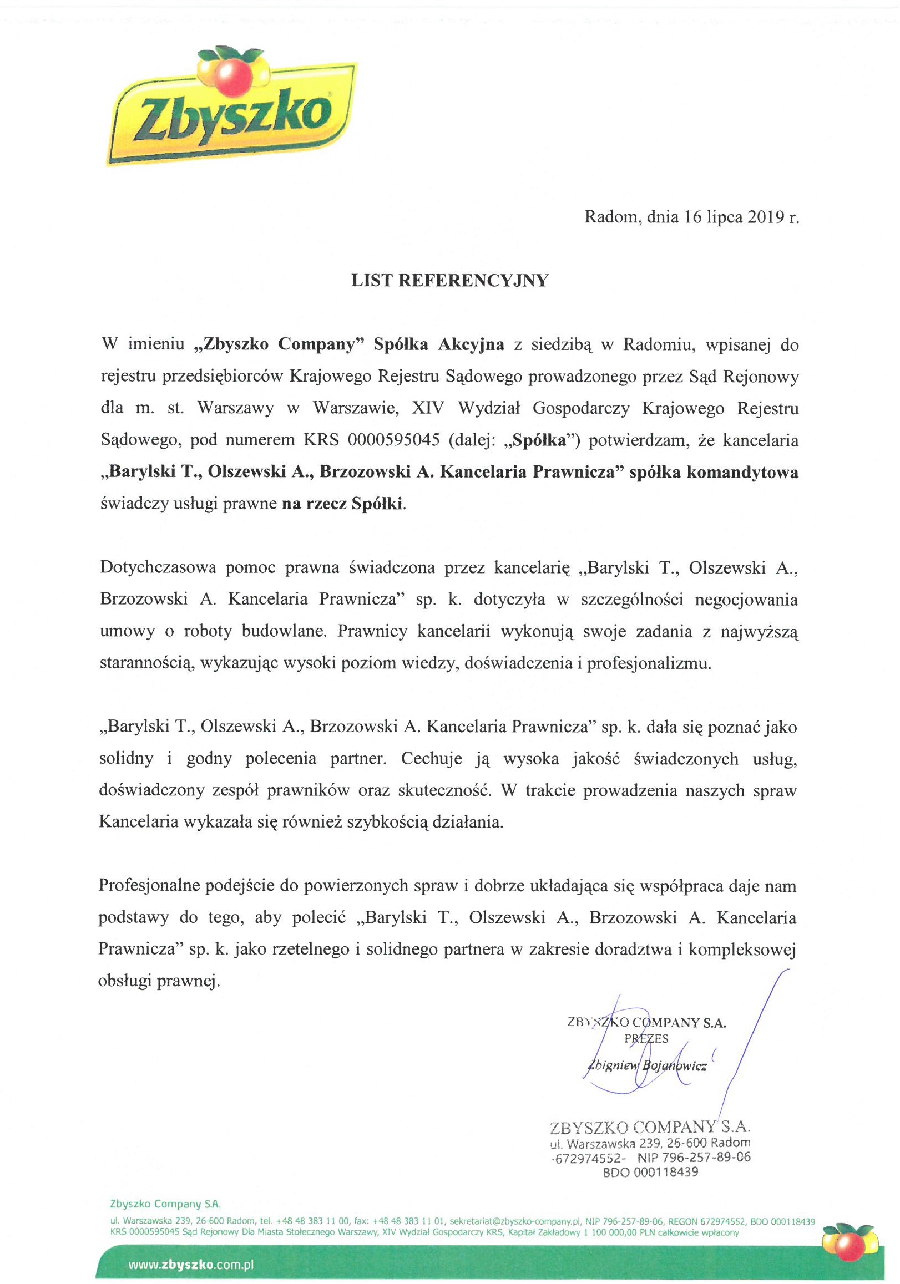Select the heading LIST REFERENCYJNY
click(449, 281)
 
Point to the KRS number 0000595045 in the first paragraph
click(393, 440)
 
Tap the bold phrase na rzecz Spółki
click(342, 504)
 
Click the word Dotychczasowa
click(158, 567)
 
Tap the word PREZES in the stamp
click(646, 1039)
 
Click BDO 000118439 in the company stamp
click(650, 1172)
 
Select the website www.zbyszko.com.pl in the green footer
click(191, 1265)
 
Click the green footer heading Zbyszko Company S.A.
click(165, 1204)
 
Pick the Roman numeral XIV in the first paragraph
click(428, 408)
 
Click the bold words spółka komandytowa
click(714, 472)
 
